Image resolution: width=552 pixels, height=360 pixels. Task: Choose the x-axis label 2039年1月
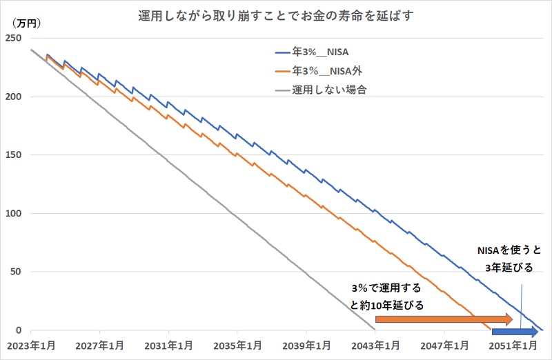click(306, 345)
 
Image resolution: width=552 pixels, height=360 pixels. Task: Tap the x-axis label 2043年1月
click(375, 345)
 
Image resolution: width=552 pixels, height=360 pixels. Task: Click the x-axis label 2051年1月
click(513, 345)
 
